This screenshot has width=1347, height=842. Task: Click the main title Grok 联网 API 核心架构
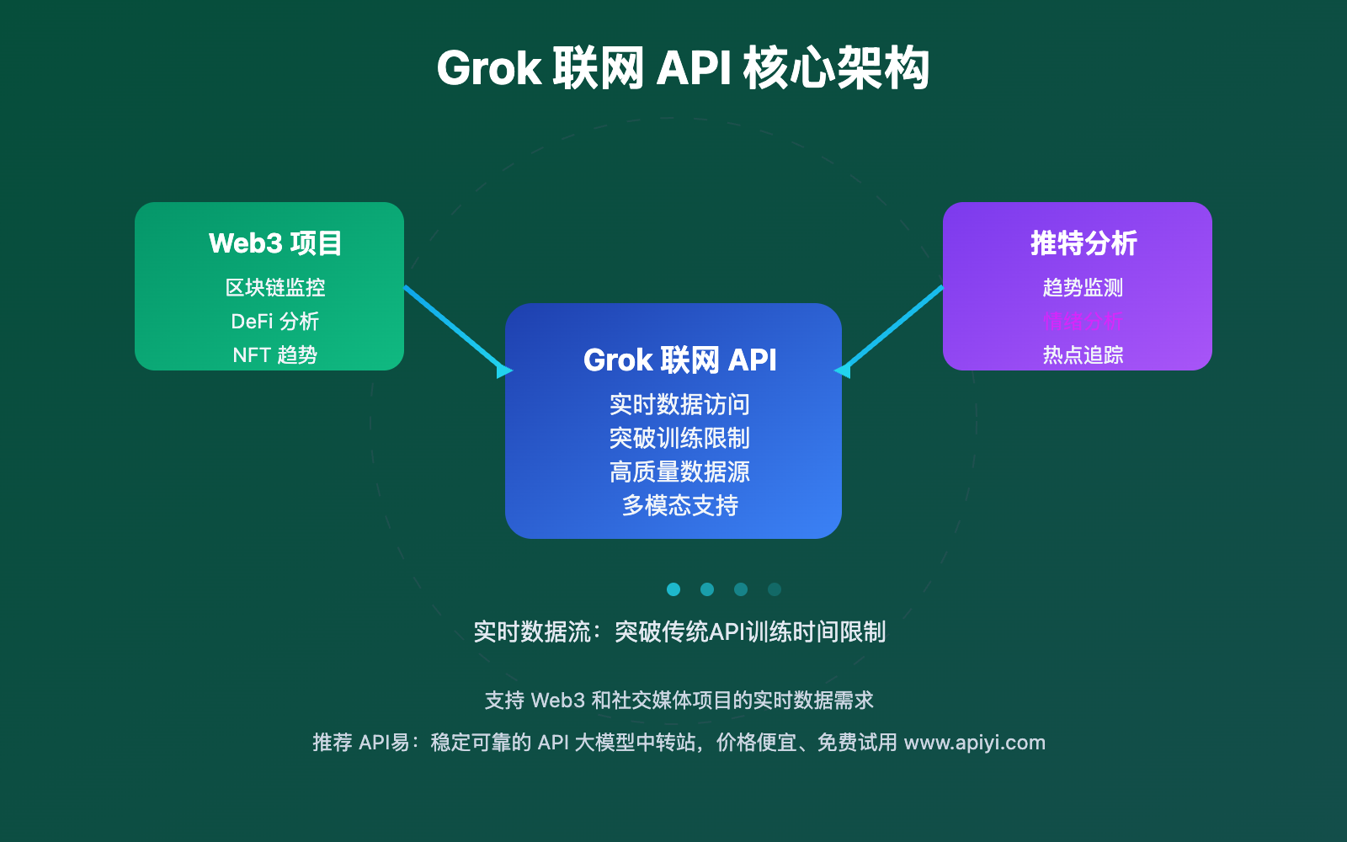click(683, 69)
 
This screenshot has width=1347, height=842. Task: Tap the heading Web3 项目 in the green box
click(275, 243)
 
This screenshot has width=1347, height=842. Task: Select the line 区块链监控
click(275, 288)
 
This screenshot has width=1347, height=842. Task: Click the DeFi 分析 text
click(275, 322)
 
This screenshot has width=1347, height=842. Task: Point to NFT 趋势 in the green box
click(275, 355)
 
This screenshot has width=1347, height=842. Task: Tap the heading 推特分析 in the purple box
click(1083, 243)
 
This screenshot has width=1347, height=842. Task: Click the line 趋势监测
click(1083, 288)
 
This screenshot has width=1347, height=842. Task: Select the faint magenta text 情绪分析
click(1083, 322)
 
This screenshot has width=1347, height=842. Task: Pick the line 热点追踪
click(1083, 355)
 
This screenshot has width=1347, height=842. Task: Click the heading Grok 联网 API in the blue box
click(680, 360)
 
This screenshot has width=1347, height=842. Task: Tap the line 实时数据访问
click(679, 405)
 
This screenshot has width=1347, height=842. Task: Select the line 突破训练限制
click(679, 439)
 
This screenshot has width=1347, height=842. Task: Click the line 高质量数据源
click(679, 472)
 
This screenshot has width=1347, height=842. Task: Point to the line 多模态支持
click(679, 506)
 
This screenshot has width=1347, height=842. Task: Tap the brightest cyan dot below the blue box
click(673, 589)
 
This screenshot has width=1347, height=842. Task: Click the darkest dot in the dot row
click(775, 589)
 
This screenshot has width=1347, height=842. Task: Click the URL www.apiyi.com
click(974, 743)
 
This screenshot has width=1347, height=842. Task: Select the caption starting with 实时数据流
click(679, 632)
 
